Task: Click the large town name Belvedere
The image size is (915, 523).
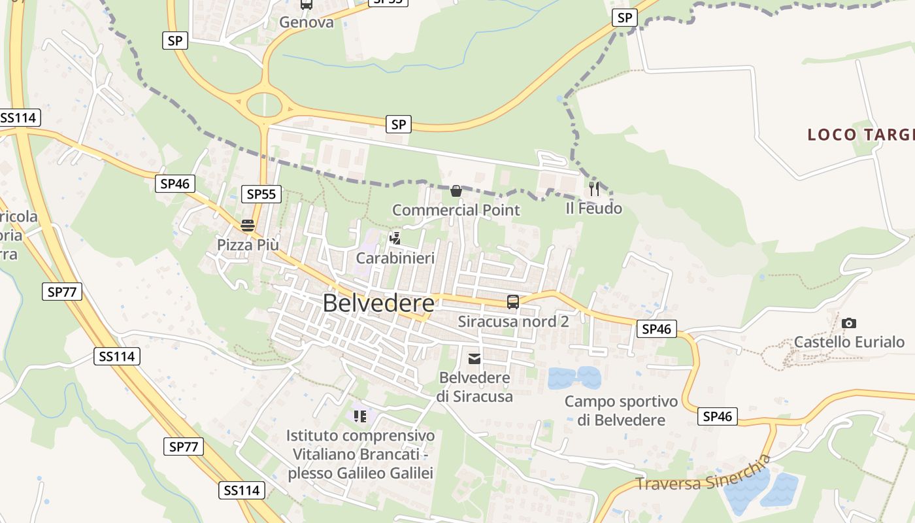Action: [x=378, y=303]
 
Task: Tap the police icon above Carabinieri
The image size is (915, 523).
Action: [x=395, y=239]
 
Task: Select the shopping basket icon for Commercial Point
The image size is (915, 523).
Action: [x=456, y=191]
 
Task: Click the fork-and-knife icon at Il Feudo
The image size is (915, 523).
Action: [x=594, y=189]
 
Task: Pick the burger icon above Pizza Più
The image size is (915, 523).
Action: [x=248, y=226]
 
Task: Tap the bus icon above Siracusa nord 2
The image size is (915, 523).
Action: [x=513, y=302]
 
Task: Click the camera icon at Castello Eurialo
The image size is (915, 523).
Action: [x=849, y=323]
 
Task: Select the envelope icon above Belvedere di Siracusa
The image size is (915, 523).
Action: [x=474, y=358]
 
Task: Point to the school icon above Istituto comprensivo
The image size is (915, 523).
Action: [x=360, y=416]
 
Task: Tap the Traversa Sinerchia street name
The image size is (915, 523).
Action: [x=703, y=475]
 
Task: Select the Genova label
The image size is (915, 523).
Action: [x=307, y=22]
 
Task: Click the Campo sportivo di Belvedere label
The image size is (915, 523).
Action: [x=621, y=411]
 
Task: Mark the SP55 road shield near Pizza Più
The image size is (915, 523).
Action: [x=261, y=194]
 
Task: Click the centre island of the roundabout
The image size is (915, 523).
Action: [x=264, y=103]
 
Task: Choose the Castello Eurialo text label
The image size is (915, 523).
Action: [x=849, y=342]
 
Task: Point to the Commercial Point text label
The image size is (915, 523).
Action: [x=456, y=210]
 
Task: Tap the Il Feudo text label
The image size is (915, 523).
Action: [x=594, y=209]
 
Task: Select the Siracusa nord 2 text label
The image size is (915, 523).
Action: [x=513, y=322]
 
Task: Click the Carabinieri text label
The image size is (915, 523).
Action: [x=395, y=258]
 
